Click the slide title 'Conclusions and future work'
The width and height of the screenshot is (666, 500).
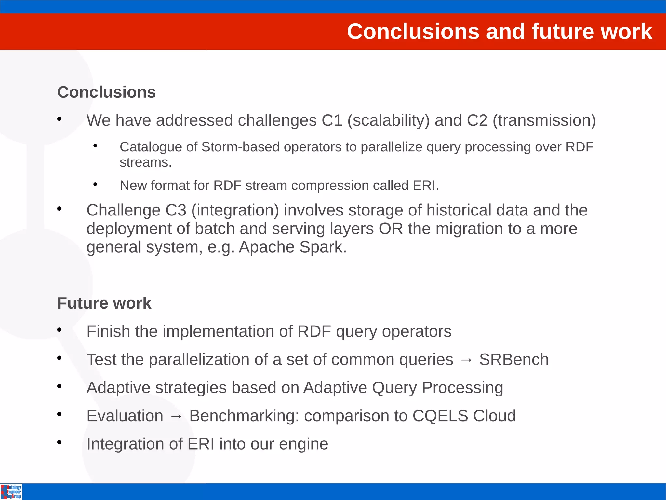tap(499, 32)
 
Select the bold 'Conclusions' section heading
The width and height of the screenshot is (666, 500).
tap(106, 92)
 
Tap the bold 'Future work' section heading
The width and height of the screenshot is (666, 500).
tap(104, 303)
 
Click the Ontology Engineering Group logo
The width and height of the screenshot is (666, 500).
tap(11, 492)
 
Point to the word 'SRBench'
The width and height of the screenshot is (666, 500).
tap(514, 360)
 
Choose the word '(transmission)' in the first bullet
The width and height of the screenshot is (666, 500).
tap(544, 120)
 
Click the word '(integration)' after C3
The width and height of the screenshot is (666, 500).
tap(235, 210)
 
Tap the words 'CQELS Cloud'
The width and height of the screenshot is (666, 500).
tap(464, 416)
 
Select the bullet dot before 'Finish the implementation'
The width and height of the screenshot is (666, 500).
tap(59, 330)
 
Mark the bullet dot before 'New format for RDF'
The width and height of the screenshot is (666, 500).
tap(95, 185)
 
